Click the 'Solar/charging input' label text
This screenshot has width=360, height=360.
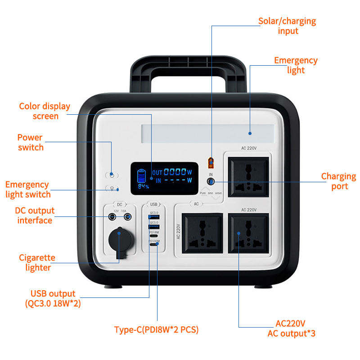coord(287,26)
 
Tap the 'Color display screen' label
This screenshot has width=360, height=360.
coord(45,111)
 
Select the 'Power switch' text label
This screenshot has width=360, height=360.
coord(31,142)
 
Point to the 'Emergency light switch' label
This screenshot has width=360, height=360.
coord(27,189)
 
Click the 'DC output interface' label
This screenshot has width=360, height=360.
coord(35,215)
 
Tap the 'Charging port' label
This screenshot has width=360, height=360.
coord(338,181)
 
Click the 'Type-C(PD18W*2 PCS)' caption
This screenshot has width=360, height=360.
coord(156,330)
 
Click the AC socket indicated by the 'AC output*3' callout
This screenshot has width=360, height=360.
coord(248,233)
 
